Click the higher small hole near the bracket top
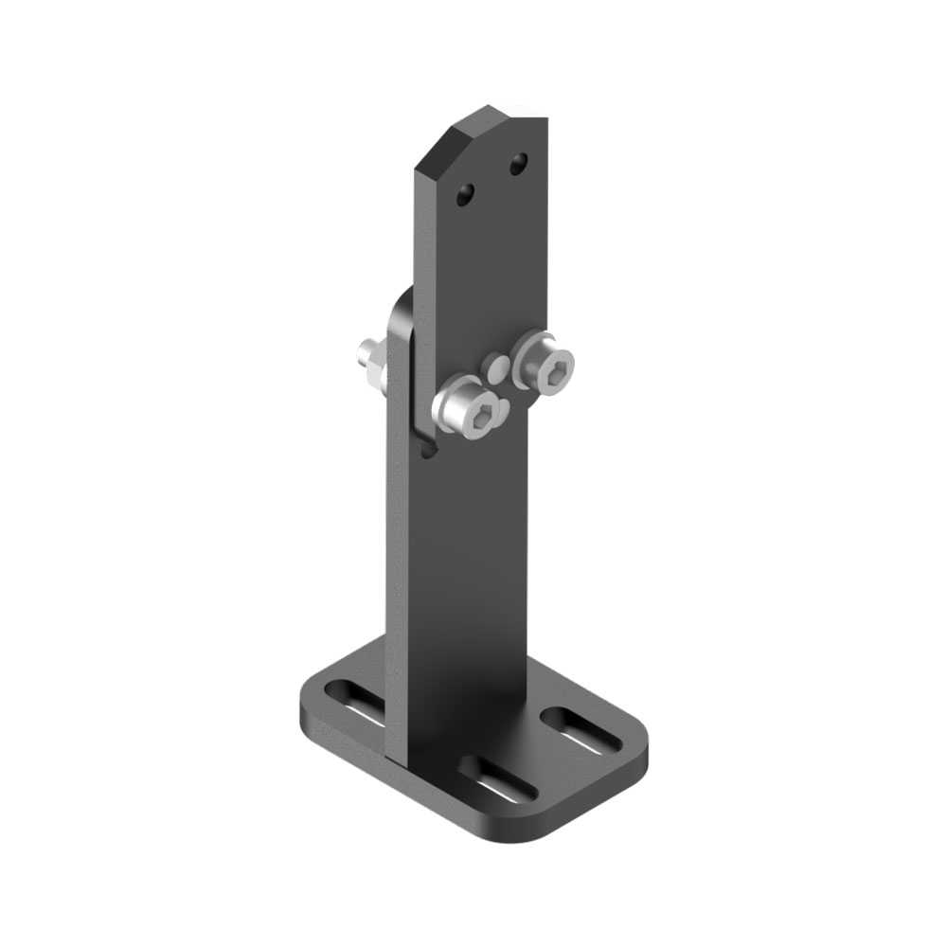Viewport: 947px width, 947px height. (x=517, y=166)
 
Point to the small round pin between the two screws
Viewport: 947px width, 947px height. (x=494, y=365)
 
